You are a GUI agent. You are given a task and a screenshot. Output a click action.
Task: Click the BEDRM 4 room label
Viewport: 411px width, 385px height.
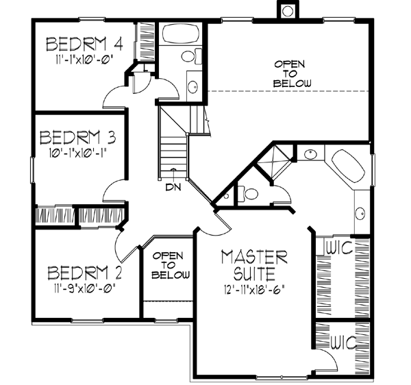(84, 45)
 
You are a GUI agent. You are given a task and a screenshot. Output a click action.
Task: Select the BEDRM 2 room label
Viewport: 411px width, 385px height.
(85, 274)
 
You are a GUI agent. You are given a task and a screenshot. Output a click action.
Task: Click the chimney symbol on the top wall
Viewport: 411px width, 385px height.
(286, 10)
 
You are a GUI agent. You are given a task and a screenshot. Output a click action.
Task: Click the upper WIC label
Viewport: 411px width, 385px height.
(339, 245)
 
